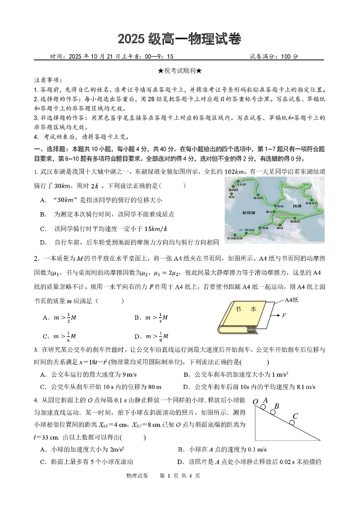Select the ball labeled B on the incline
click(273, 412)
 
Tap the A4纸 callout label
click(293, 300)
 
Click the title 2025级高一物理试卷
click(180, 39)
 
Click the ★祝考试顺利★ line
click(180, 71)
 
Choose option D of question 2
click(151, 336)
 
